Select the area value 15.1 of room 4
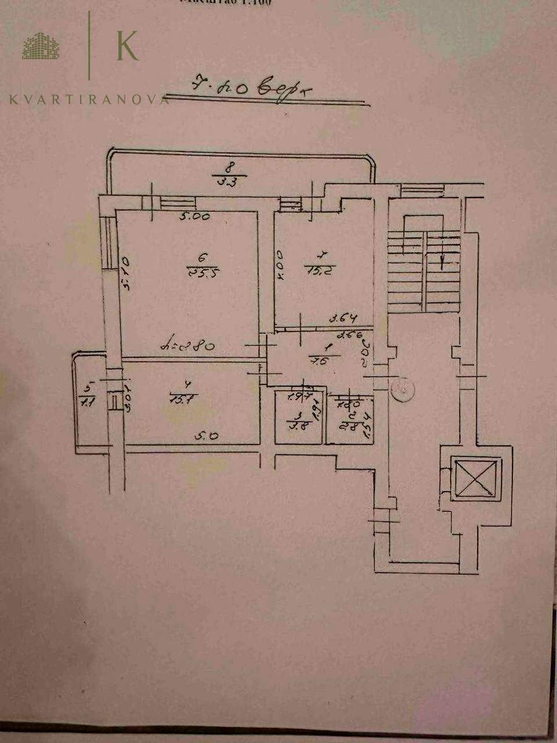click(x=183, y=399)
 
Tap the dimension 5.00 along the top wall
click(x=196, y=217)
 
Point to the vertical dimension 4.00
click(x=280, y=265)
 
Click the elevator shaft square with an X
click(x=475, y=477)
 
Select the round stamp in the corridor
click(x=402, y=389)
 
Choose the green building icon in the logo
click(x=40, y=46)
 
